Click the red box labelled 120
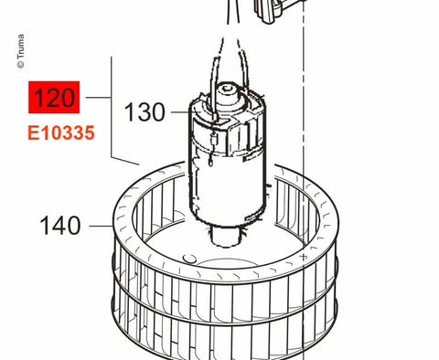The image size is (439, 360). point(54,97)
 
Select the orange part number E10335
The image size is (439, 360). point(61,133)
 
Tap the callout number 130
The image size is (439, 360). point(145,112)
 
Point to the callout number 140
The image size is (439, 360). point(60,226)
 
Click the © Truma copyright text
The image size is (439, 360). point(21,51)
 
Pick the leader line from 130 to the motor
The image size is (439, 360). point(180,112)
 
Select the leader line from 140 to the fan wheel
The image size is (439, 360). point(102,226)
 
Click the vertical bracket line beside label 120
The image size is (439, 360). point(112,107)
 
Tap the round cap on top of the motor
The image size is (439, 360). point(228,90)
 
